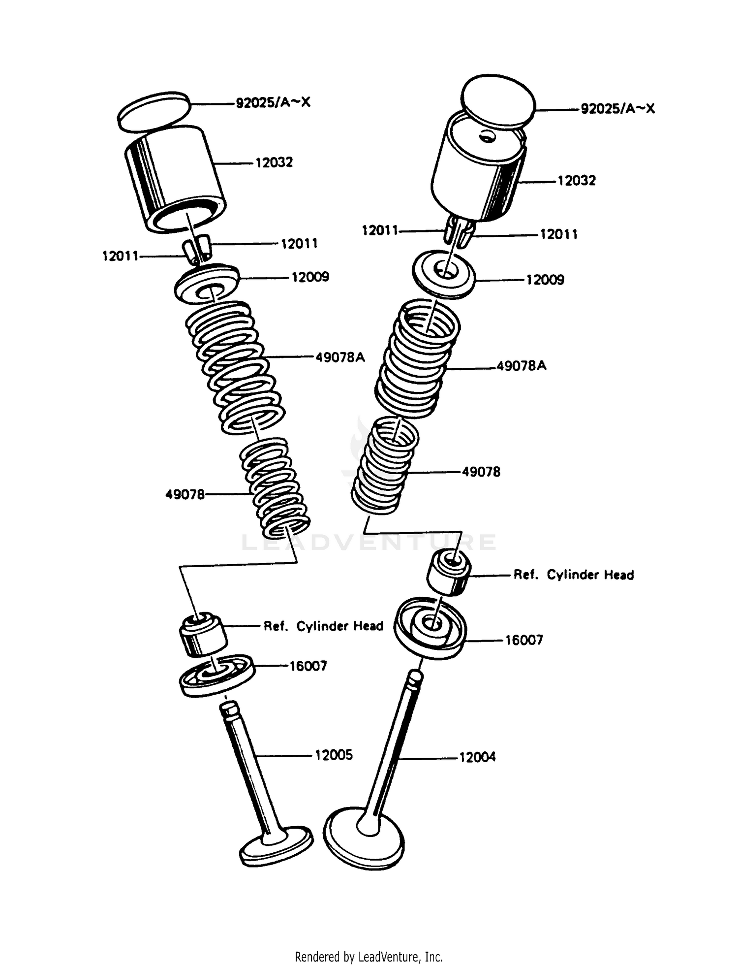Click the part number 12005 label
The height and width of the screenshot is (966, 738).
[334, 755]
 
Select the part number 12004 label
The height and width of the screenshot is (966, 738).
[477, 757]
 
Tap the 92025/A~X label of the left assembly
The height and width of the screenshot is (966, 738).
[273, 103]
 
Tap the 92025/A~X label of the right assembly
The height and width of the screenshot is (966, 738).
[618, 109]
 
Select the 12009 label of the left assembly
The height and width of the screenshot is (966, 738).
[310, 277]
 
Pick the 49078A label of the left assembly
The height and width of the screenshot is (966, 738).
[340, 357]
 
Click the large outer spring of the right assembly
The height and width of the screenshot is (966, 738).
[418, 359]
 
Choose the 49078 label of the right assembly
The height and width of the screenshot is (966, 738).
[481, 472]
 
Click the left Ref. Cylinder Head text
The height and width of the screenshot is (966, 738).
[323, 626]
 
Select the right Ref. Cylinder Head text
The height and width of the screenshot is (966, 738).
[573, 575]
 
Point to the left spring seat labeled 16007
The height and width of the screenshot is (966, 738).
[216, 674]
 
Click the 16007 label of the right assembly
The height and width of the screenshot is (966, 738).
[524, 640]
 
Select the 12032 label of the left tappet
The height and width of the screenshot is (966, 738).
[274, 162]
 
